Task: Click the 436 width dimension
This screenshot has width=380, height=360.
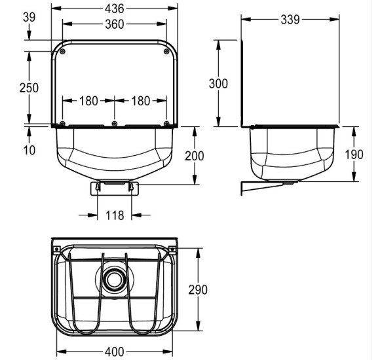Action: tap(115, 9)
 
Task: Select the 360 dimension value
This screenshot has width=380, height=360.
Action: tap(115, 24)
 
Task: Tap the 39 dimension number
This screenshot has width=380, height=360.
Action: tap(29, 17)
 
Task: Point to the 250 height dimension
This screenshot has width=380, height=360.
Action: tap(29, 88)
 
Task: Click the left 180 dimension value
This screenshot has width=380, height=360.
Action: tap(88, 101)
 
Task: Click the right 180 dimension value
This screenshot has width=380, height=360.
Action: tap(141, 101)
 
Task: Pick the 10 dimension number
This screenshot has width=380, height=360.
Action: tap(29, 150)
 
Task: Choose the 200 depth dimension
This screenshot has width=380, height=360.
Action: tap(195, 156)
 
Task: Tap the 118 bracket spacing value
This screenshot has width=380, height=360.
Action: tap(115, 215)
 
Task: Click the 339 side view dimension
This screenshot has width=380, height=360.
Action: tap(290, 20)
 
